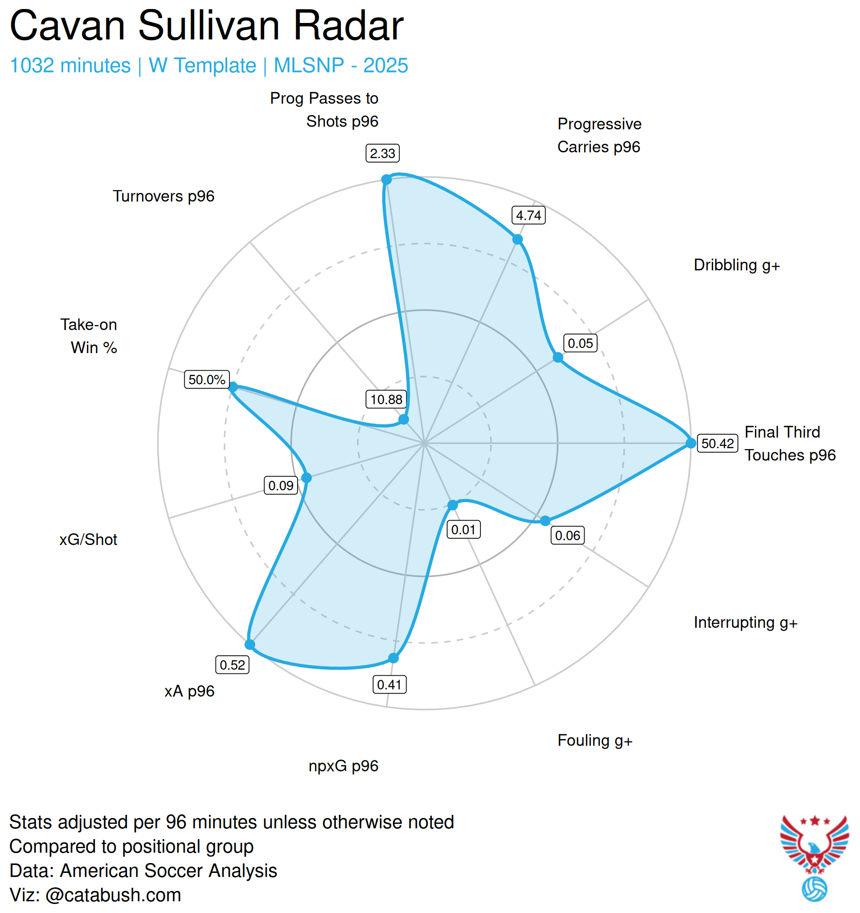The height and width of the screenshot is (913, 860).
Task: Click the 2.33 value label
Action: tap(382, 154)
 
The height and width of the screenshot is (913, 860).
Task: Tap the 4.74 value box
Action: tap(529, 215)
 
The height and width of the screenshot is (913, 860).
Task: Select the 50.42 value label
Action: tap(718, 444)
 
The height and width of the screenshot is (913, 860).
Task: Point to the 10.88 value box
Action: tap(386, 400)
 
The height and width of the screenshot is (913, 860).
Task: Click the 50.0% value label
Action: tap(207, 380)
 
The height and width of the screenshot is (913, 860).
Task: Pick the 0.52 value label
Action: tap(232, 665)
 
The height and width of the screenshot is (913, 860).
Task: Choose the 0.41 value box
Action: tap(389, 685)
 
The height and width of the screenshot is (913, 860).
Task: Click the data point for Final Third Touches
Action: tap(691, 443)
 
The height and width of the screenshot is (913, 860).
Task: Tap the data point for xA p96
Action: tap(250, 645)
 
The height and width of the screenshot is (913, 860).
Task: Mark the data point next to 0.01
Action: tap(453, 505)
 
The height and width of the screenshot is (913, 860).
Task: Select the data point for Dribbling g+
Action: tap(558, 357)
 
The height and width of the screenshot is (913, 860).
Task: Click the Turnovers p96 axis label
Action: tap(164, 196)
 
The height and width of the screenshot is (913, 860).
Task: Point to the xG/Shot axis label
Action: tap(88, 540)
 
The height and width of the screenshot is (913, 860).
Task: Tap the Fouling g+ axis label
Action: tap(595, 741)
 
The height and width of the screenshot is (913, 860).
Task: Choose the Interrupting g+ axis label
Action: tap(746, 623)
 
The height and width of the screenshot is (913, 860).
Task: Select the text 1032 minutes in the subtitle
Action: tap(70, 66)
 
